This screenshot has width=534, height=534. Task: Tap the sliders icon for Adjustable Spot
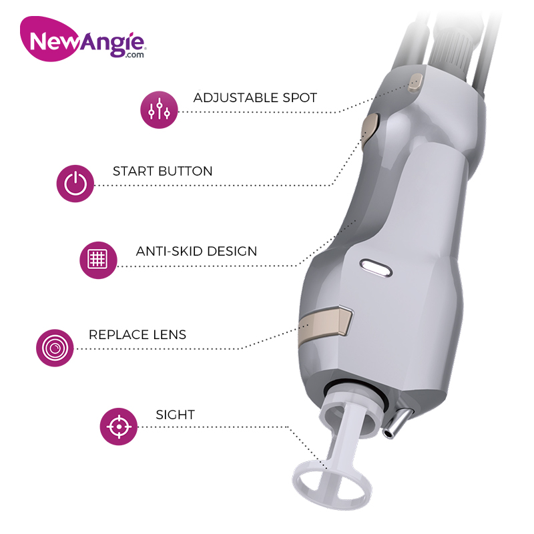tap(159, 109)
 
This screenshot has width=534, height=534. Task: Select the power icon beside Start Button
tap(75, 184)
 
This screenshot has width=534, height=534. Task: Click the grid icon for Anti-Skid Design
tap(98, 260)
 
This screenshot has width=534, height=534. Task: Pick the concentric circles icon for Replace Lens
tap(55, 348)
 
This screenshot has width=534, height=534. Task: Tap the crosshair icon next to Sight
tap(119, 427)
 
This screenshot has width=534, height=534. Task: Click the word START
tap(133, 171)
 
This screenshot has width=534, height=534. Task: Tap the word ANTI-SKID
tap(170, 252)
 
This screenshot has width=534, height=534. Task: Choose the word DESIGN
tap(232, 252)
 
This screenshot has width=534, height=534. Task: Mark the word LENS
tap(170, 335)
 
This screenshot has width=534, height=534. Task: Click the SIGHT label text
tap(175, 415)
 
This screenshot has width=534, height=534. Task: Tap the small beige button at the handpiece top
tap(415, 83)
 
